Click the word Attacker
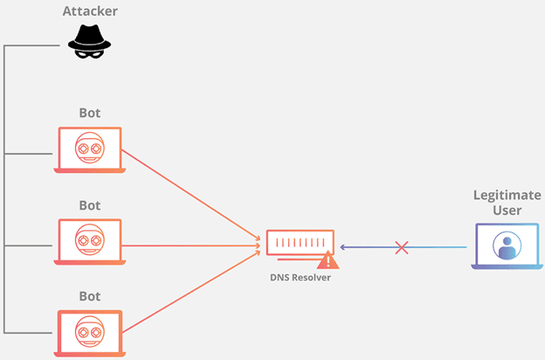tap(90, 12)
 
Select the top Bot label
tap(90, 115)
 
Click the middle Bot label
tap(90, 205)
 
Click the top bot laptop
tap(90, 149)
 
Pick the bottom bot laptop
tap(90, 331)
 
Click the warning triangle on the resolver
tap(328, 260)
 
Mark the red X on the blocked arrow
tap(402, 247)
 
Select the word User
tap(508, 211)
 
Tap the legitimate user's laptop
tap(506, 246)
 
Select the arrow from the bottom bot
tap(192, 294)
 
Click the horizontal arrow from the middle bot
tap(192, 246)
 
